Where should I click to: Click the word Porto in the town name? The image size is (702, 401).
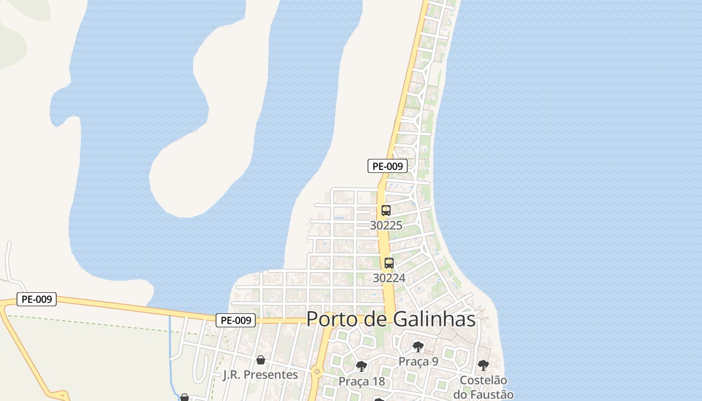pos(332,319)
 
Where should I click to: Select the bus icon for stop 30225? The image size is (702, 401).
pos(386,211)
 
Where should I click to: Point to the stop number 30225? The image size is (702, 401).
pos(386,226)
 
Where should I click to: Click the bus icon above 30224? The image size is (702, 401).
pos(389,263)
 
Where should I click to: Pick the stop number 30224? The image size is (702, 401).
pos(389,278)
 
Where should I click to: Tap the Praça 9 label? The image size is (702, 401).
pos(418,361)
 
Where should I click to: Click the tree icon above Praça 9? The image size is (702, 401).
pos(418,347)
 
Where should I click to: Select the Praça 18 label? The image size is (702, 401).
pos(362,381)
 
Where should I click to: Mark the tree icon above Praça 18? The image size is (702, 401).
pos(361,366)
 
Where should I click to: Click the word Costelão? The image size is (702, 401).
pos(483,380)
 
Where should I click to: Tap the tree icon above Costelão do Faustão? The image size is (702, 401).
pos(483,365)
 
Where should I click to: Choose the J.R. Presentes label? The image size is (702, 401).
pos(260,374)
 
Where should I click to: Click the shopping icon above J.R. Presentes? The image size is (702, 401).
pos(260,359)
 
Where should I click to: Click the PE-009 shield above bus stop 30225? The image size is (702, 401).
pos(387,166)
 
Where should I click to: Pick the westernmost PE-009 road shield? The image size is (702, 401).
pos(37,299)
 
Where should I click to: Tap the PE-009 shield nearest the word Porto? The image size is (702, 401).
pos(236,320)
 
